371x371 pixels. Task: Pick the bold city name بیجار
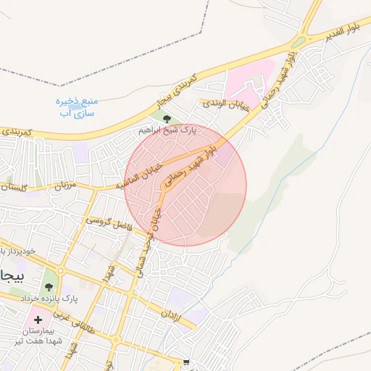pos(13,277)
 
